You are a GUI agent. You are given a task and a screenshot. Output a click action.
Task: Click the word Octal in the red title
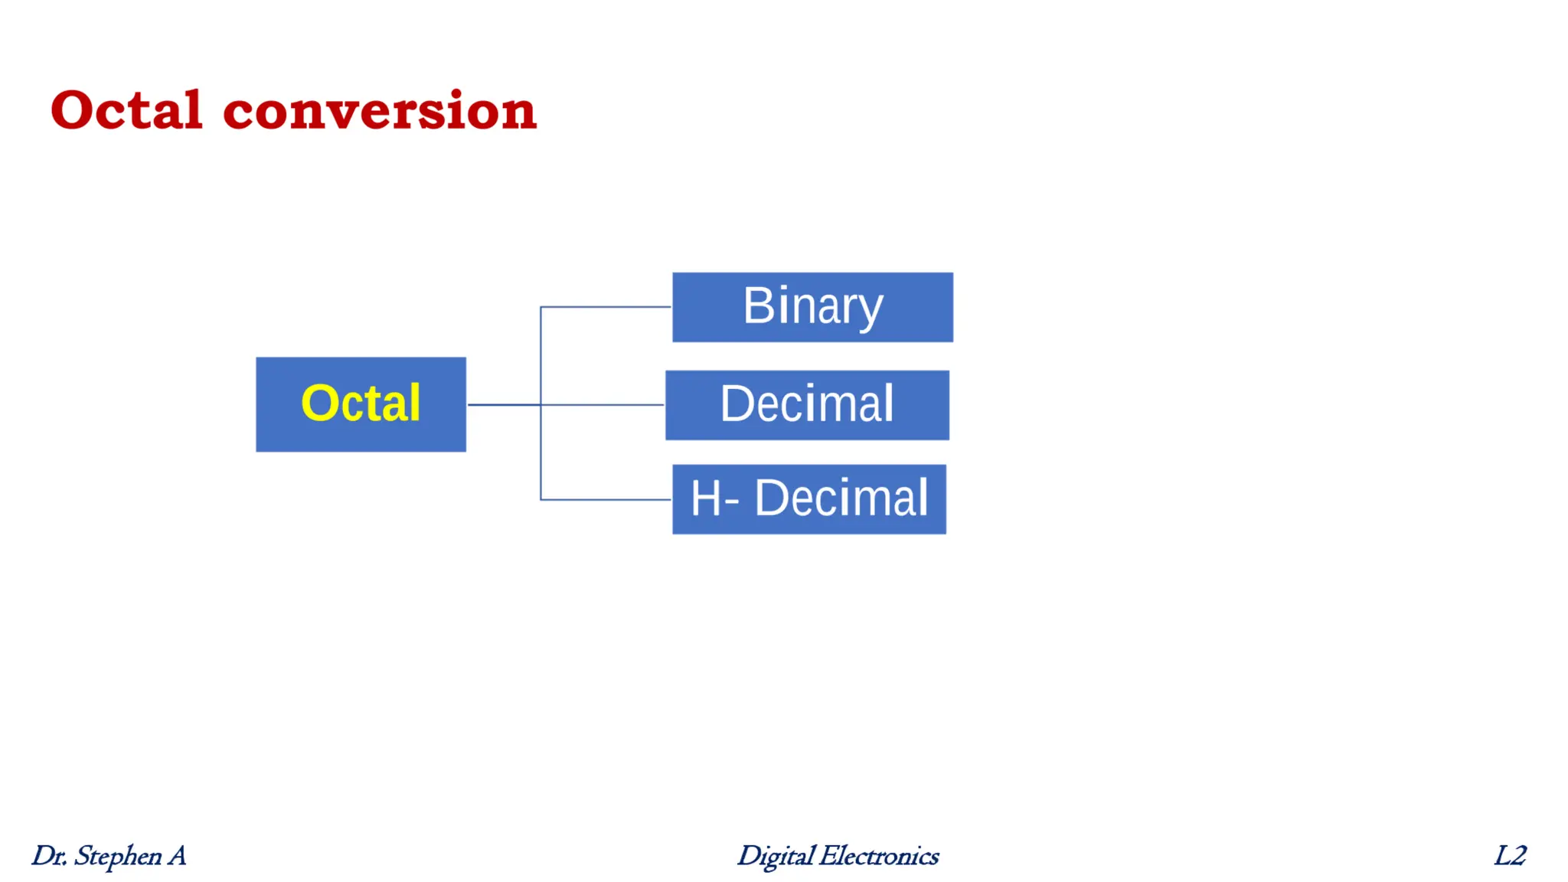tap(126, 110)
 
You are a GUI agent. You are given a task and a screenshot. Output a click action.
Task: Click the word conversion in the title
tap(380, 112)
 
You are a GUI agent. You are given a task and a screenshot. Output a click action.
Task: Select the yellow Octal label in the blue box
tap(361, 403)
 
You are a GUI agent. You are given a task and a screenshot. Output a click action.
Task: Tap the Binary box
tap(812, 307)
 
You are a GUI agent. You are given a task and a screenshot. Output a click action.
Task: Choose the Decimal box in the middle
tap(807, 405)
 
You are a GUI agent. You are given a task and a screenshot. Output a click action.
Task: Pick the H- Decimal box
tap(809, 499)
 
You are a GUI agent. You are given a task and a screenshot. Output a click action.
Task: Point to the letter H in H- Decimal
tap(705, 498)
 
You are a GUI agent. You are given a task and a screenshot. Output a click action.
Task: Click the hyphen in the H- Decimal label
tap(730, 502)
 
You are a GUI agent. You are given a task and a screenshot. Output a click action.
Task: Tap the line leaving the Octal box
tap(501, 404)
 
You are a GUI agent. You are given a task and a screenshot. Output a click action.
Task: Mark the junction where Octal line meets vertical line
tap(541, 404)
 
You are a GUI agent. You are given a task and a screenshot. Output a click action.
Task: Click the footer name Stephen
tap(118, 856)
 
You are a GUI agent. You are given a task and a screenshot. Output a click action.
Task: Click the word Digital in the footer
tap(775, 856)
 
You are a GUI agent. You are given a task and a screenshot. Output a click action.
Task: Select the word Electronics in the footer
tap(879, 856)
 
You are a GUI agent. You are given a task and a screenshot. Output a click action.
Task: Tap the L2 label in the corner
tap(1511, 855)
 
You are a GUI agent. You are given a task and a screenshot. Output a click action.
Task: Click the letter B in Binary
tap(758, 305)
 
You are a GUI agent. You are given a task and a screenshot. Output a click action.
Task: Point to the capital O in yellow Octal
tap(320, 403)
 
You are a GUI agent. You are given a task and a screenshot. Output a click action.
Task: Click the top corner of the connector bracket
tap(541, 307)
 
